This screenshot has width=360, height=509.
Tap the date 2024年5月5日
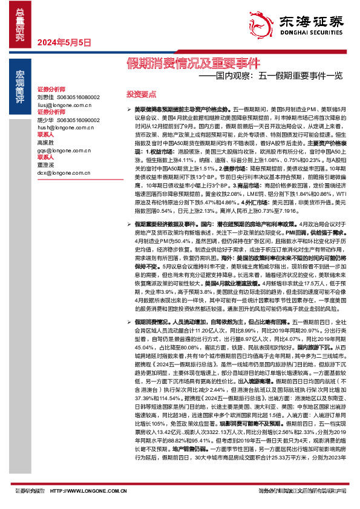[x=64, y=42]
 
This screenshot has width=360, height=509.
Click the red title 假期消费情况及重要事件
[x=193, y=62]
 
